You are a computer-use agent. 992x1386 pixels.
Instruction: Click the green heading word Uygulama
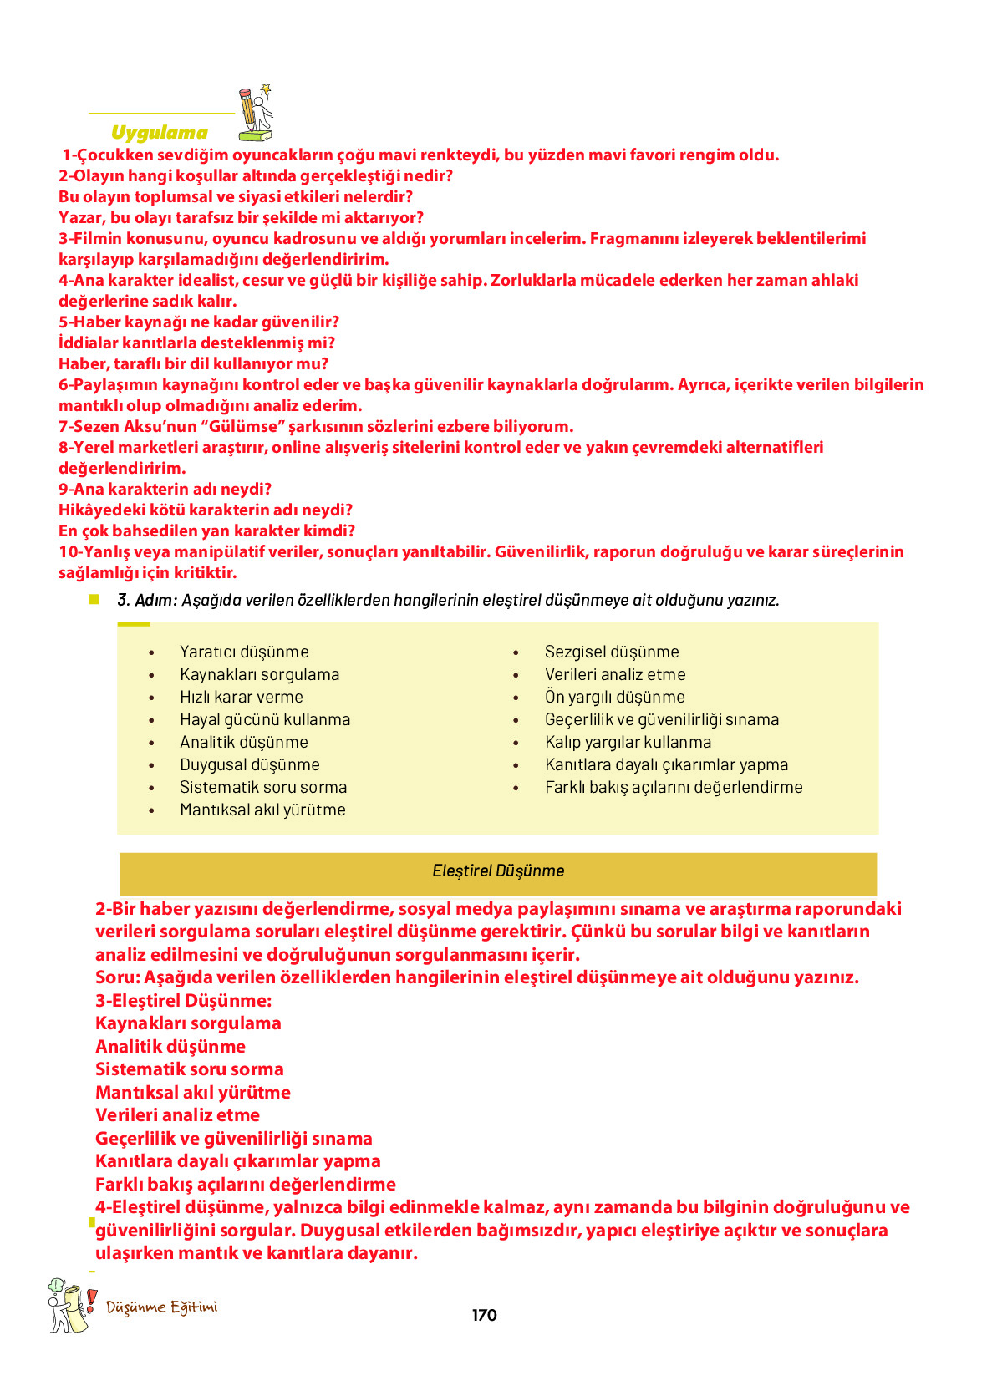(x=159, y=133)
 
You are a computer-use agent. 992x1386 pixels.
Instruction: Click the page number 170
(x=484, y=1315)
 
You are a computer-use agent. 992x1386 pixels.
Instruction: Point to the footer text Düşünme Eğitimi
(x=161, y=1307)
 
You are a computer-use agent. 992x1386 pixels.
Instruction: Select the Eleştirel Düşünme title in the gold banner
(x=498, y=871)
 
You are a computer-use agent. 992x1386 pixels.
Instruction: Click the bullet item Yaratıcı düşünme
(x=244, y=652)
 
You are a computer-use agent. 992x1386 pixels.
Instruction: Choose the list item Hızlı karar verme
(x=241, y=697)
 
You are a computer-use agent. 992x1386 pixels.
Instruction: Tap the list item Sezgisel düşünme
(x=612, y=652)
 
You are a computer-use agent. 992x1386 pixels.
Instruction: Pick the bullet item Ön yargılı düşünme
(x=614, y=697)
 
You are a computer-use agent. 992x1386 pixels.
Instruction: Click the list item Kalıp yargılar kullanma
(x=628, y=742)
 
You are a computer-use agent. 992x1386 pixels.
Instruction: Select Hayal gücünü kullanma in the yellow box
(x=265, y=719)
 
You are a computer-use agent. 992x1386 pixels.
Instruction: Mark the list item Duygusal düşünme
(x=249, y=764)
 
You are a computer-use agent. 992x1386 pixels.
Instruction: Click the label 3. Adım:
(x=147, y=600)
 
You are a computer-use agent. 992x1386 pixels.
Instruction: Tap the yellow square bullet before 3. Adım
(x=94, y=599)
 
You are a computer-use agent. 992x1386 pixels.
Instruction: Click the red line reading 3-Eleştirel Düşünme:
(x=183, y=1000)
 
